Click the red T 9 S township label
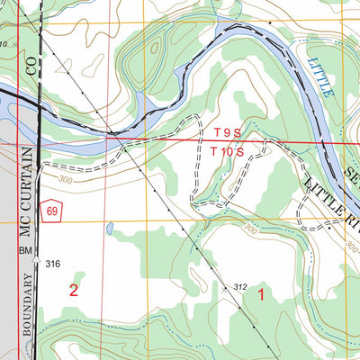(228, 132)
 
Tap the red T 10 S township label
(228, 152)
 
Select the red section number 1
(262, 292)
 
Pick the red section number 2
(74, 290)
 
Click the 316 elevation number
(52, 263)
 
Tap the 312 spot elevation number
(239, 286)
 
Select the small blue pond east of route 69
(109, 229)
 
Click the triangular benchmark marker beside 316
(37, 261)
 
